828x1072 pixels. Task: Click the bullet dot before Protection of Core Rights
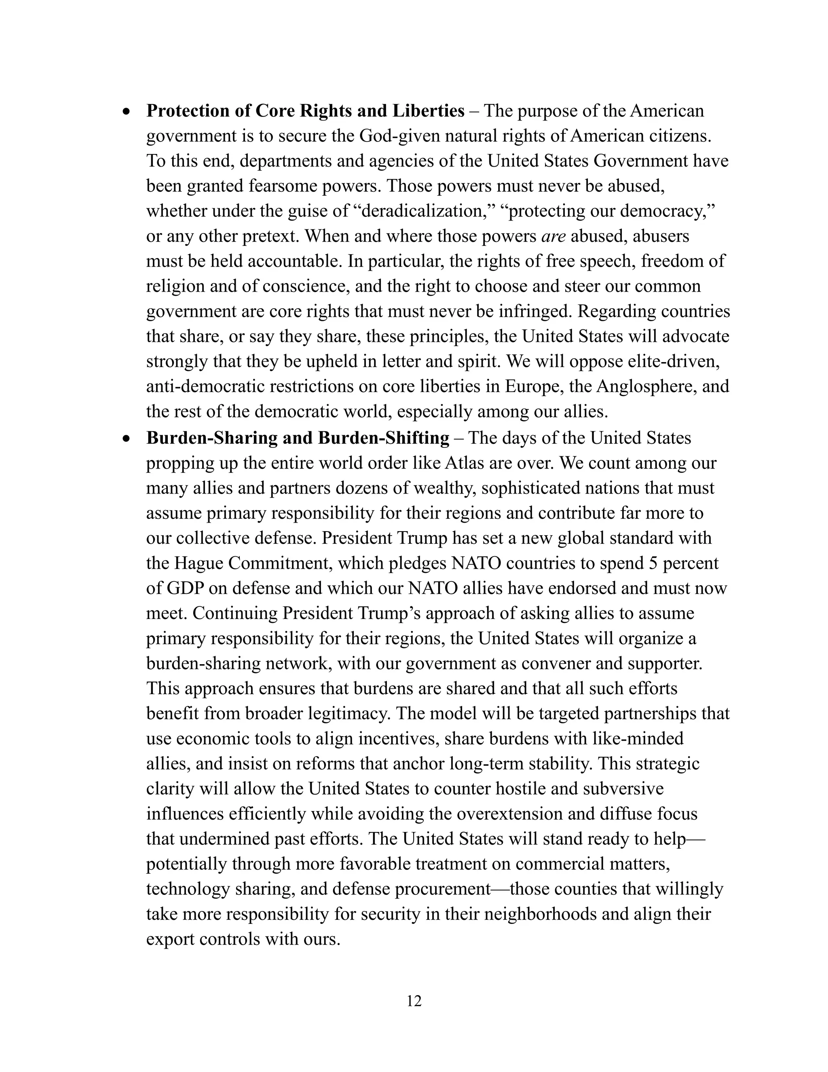pyautogui.click(x=127, y=112)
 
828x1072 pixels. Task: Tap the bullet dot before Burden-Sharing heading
pyautogui.click(x=127, y=439)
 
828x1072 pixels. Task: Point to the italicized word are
pyautogui.click(x=553, y=237)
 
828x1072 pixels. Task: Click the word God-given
pyautogui.click(x=399, y=136)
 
